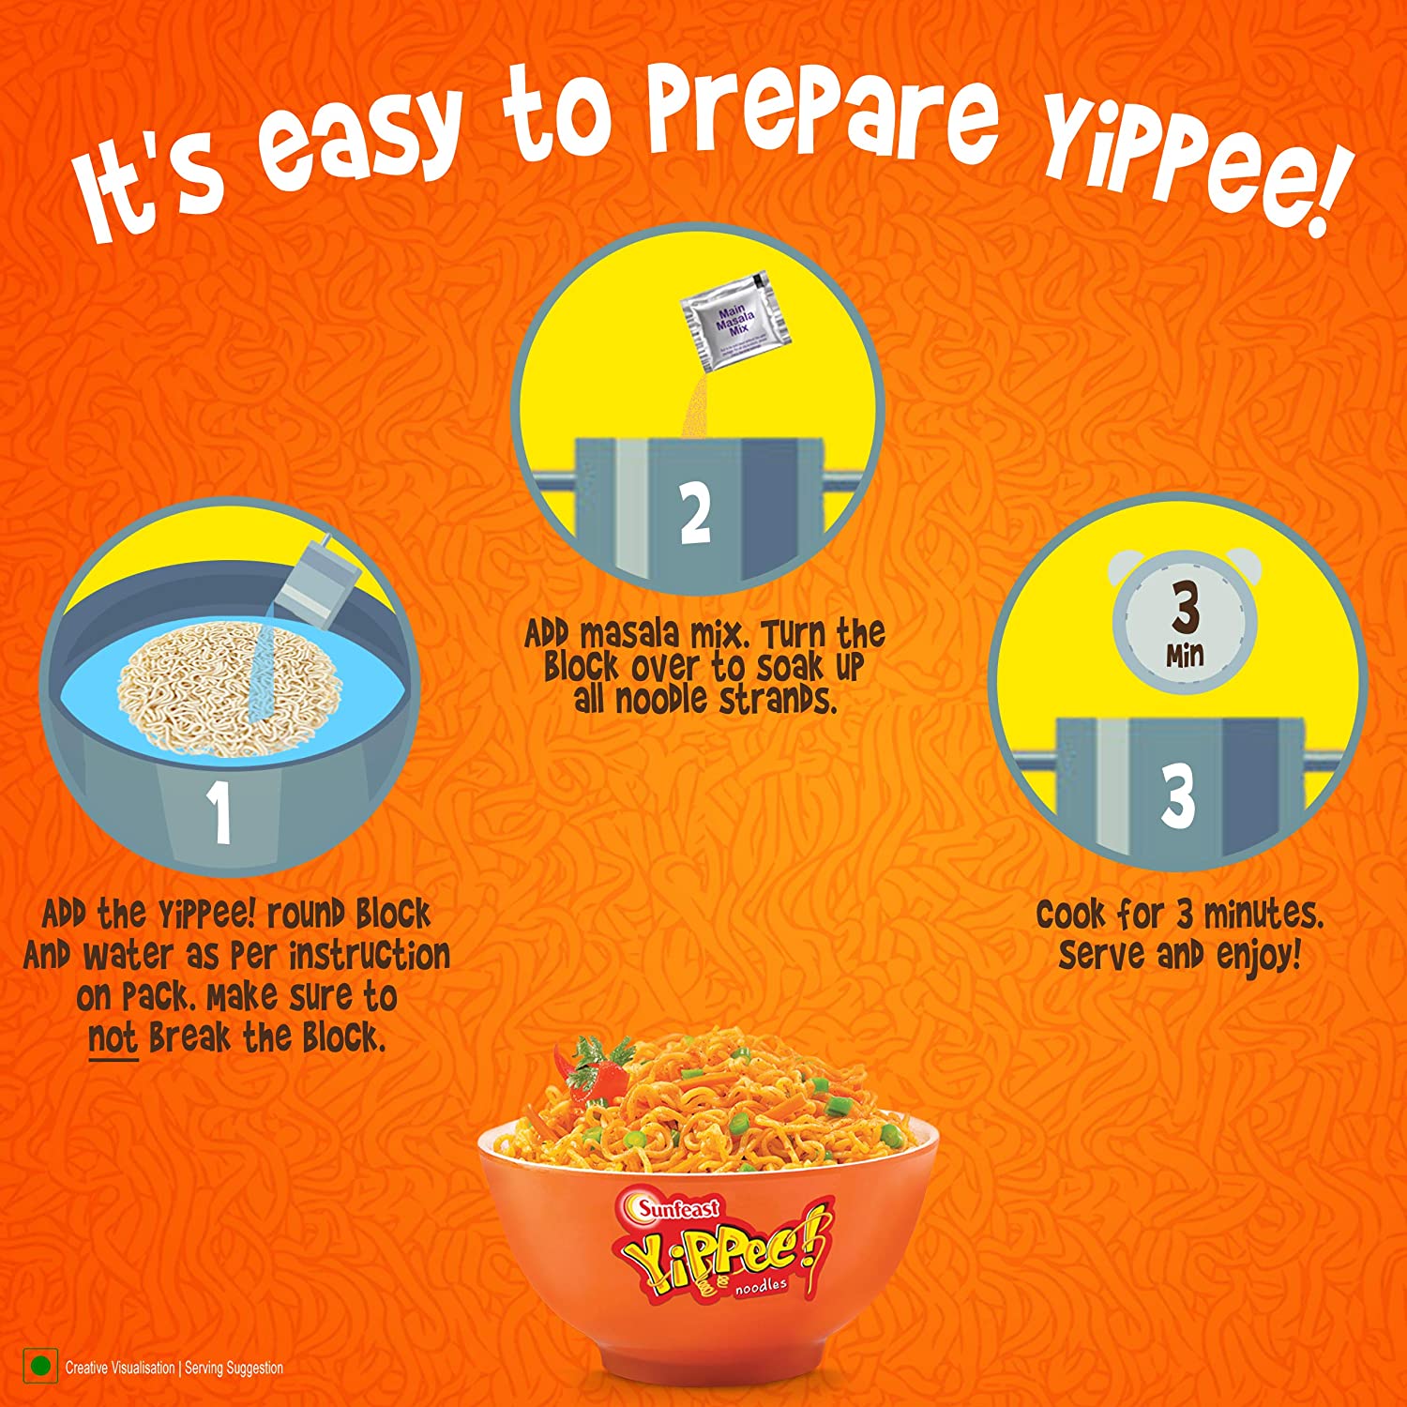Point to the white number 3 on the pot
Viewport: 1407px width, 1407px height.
1178,796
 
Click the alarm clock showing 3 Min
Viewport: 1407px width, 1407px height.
1185,621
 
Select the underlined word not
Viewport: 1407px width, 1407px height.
113,1038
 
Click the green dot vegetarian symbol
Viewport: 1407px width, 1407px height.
40,1367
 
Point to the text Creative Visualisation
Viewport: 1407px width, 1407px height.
120,1368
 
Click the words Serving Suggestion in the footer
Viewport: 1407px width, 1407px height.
234,1368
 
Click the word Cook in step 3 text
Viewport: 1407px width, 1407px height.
1069,914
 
